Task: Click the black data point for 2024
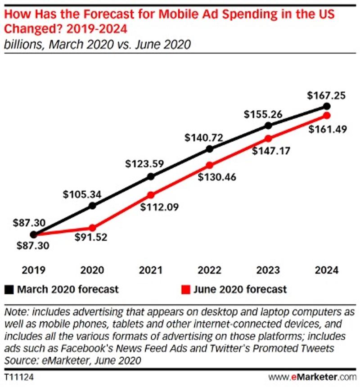[327, 106]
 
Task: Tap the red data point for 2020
[92, 228]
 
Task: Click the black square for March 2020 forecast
[9, 289]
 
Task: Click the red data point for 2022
[209, 164]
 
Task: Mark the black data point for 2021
[151, 177]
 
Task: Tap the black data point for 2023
[268, 126]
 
